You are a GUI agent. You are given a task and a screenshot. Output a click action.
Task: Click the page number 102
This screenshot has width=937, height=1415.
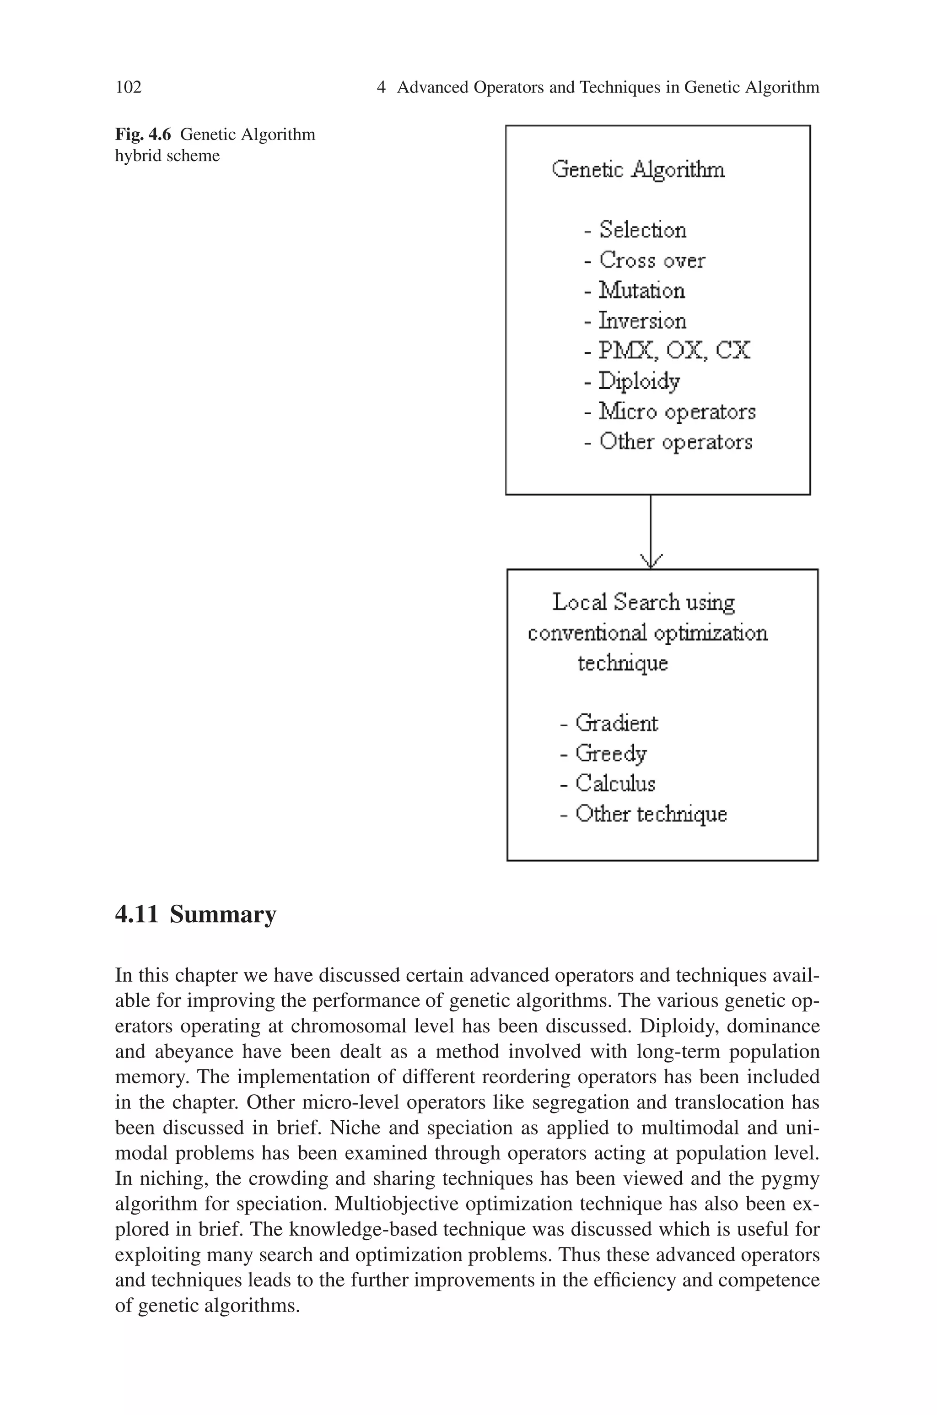click(129, 87)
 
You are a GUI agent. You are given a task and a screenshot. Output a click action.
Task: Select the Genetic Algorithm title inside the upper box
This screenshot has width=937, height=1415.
click(638, 170)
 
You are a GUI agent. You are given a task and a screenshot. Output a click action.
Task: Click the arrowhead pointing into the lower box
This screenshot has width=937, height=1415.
click(651, 561)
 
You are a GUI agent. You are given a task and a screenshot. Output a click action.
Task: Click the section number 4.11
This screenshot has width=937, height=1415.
click(137, 914)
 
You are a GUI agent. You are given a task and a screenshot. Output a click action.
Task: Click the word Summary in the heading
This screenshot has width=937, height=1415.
click(223, 914)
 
